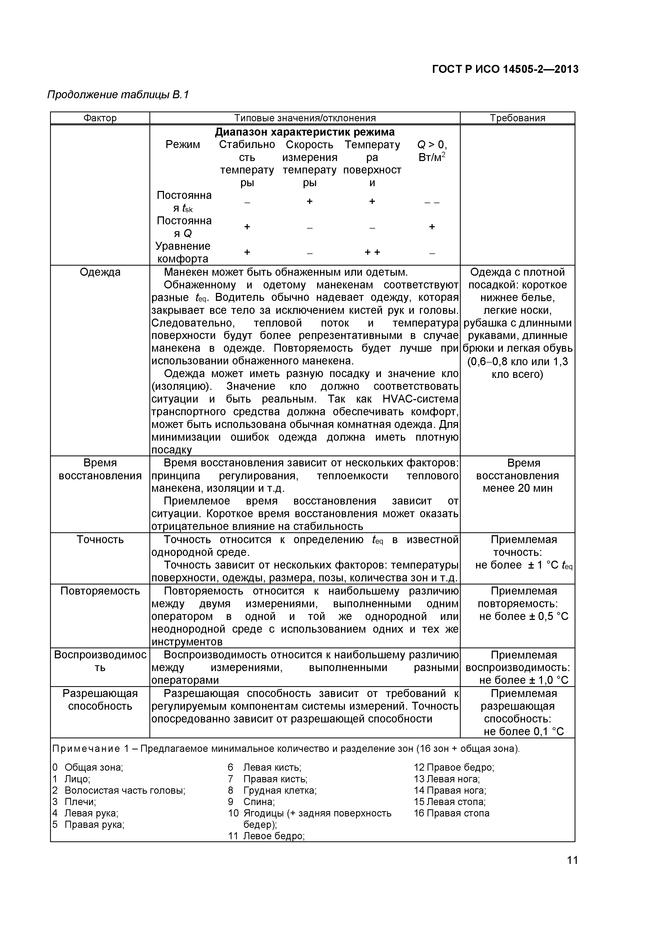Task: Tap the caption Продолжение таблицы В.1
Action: [x=118, y=95]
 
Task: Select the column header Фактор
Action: [x=100, y=118]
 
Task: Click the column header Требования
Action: [x=517, y=118]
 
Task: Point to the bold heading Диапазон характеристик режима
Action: [x=304, y=132]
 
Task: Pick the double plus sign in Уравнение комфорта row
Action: [x=372, y=252]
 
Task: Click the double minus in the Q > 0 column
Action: [x=432, y=202]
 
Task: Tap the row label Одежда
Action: [x=100, y=272]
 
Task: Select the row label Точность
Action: [x=100, y=539]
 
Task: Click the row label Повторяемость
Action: [x=100, y=591]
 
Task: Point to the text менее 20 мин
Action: [x=517, y=488]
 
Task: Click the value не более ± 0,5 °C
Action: [x=523, y=616]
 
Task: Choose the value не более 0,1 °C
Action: [x=523, y=731]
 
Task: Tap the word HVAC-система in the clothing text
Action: [x=420, y=399]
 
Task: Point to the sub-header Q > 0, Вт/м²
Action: [x=432, y=151]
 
